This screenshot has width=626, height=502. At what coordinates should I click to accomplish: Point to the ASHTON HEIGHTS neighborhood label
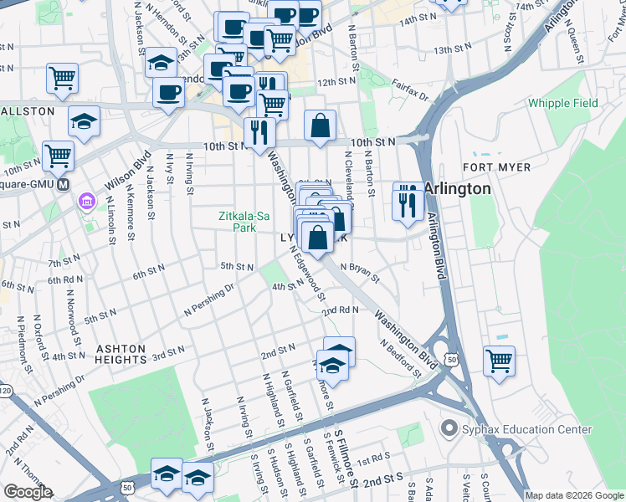pyautogui.click(x=121, y=354)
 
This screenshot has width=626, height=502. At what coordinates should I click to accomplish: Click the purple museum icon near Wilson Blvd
pyautogui.click(x=86, y=202)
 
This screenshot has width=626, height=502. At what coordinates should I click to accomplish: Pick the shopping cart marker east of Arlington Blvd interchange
pyautogui.click(x=499, y=361)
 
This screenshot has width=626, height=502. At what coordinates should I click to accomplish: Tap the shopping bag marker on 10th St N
pyautogui.click(x=320, y=126)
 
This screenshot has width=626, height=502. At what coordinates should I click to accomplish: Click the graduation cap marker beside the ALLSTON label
pyautogui.click(x=84, y=121)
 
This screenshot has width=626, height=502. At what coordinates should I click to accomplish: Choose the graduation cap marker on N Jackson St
pyautogui.click(x=161, y=63)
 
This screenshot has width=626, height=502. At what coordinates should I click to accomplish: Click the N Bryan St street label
pyautogui.click(x=360, y=273)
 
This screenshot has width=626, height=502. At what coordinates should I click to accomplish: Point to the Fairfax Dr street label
pyautogui.click(x=410, y=91)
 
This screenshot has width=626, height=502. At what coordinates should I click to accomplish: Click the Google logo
pyautogui.click(x=28, y=492)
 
